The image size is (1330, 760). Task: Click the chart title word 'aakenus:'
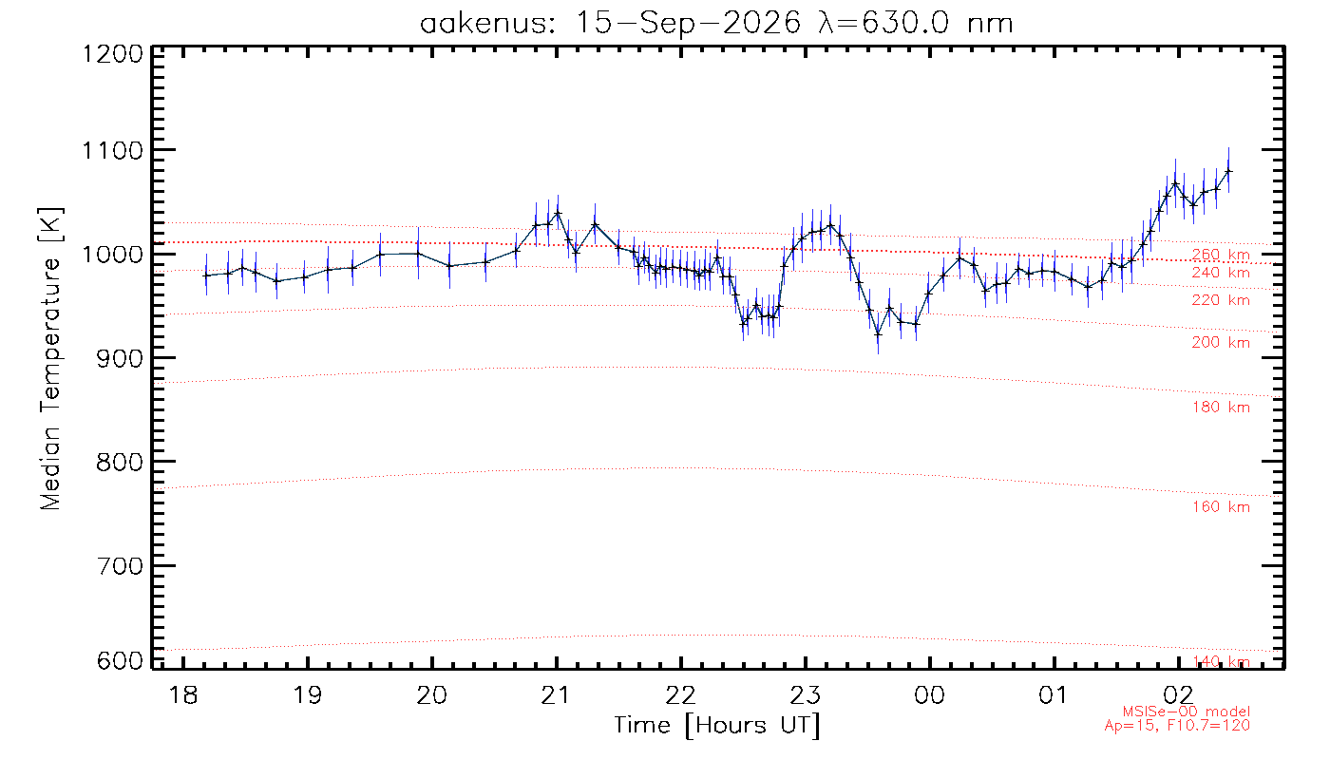point(486,23)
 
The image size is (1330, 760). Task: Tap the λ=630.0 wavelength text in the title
point(883,23)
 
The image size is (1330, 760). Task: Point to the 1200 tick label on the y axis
point(112,54)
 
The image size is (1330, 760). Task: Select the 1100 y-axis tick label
point(112,151)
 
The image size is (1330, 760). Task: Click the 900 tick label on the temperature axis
point(120,359)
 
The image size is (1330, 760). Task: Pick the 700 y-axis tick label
point(120,566)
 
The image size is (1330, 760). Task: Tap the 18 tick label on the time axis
point(182,694)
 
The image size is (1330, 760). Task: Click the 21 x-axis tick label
point(556,694)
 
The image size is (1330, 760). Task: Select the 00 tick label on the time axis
point(929,694)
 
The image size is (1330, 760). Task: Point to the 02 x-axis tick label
point(1178,694)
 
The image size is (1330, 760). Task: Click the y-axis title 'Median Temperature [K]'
point(49,359)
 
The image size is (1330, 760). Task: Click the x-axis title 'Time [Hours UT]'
point(716,726)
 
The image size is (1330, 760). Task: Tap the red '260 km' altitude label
point(1221,255)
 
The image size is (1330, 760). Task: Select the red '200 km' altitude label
point(1221,343)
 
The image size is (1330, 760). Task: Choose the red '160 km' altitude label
point(1221,507)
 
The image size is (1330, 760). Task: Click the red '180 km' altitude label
point(1221,408)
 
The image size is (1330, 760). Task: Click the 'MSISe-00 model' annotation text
point(1186,712)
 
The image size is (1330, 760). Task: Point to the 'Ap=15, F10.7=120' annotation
point(1177,726)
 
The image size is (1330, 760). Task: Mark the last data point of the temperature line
point(1228,171)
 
